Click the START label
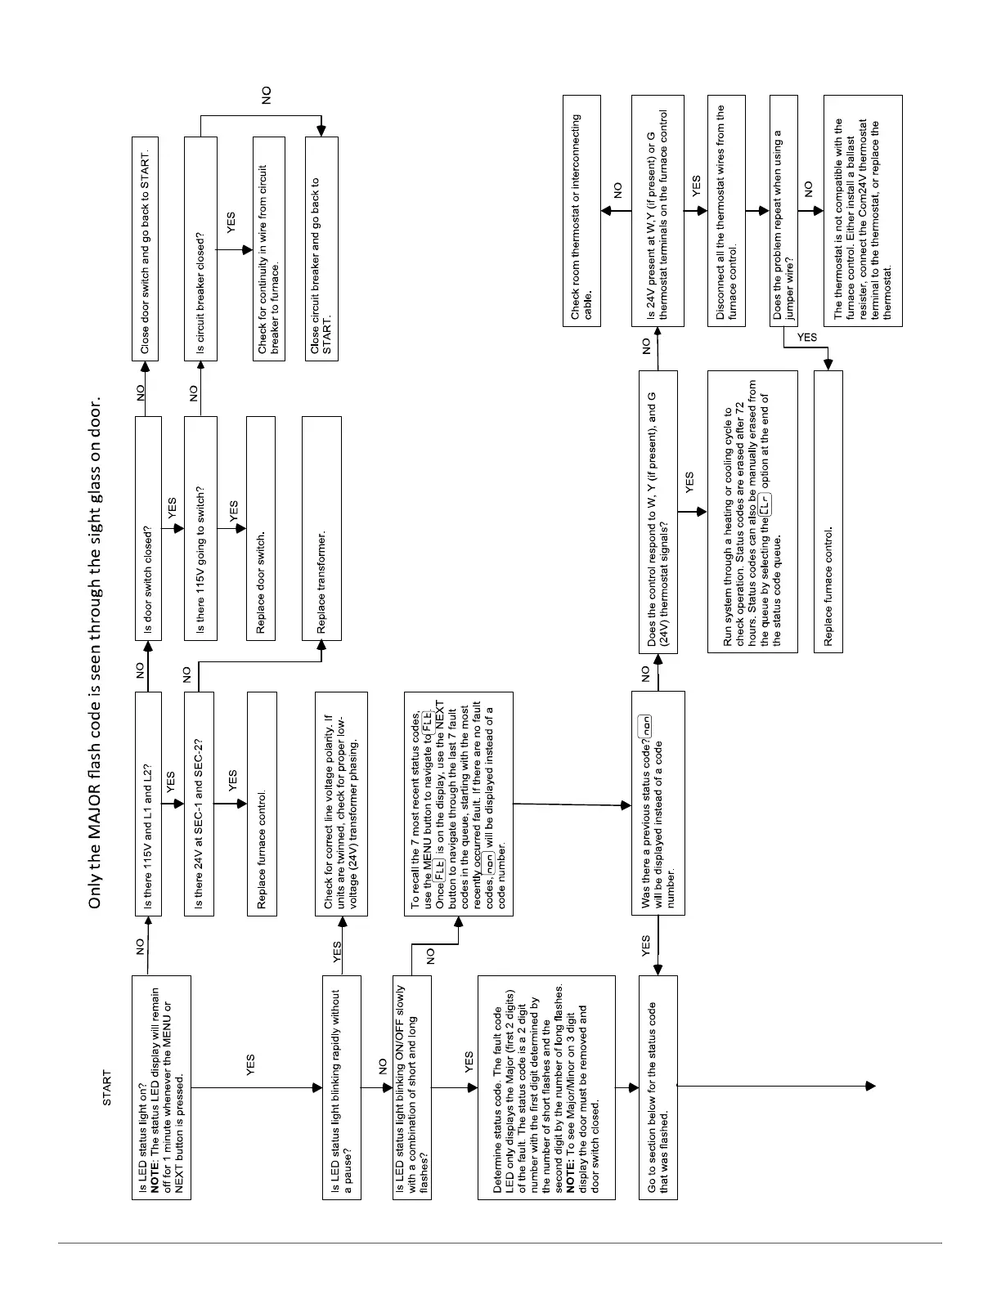[x=107, y=1088]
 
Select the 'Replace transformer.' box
[x=321, y=527]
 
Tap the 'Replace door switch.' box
[x=260, y=527]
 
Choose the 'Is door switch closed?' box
[x=147, y=527]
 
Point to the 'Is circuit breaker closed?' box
[x=200, y=249]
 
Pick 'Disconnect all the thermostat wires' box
[x=725, y=210]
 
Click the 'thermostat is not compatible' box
[x=863, y=210]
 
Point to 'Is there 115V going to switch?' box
[x=200, y=527]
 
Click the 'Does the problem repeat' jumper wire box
[x=783, y=210]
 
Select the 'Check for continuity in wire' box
[x=268, y=249]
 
